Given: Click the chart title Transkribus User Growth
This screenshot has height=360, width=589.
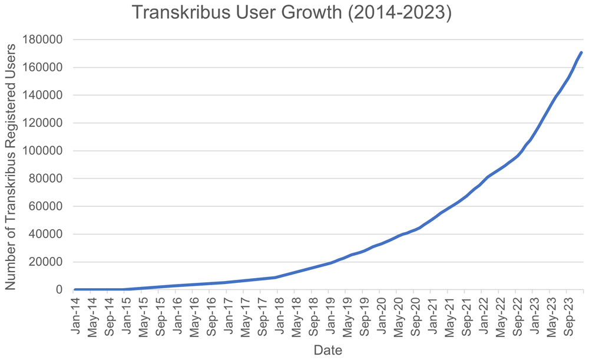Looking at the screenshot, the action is point(237,12).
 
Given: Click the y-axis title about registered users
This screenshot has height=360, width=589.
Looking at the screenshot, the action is point(11,167).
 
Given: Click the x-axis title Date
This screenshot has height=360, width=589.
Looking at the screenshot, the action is point(328,350).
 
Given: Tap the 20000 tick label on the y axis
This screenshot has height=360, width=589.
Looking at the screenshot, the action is point(45,262).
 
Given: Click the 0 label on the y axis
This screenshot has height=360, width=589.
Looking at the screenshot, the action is point(59,290).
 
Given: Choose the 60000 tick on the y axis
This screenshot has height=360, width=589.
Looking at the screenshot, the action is point(45,206).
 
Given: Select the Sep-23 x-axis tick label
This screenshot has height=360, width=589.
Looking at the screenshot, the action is point(568,316).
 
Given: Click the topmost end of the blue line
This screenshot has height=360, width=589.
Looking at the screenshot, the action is point(581,52).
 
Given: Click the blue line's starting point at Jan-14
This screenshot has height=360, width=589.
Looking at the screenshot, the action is point(75,290).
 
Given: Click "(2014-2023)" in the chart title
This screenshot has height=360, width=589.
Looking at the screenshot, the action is point(399,12).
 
